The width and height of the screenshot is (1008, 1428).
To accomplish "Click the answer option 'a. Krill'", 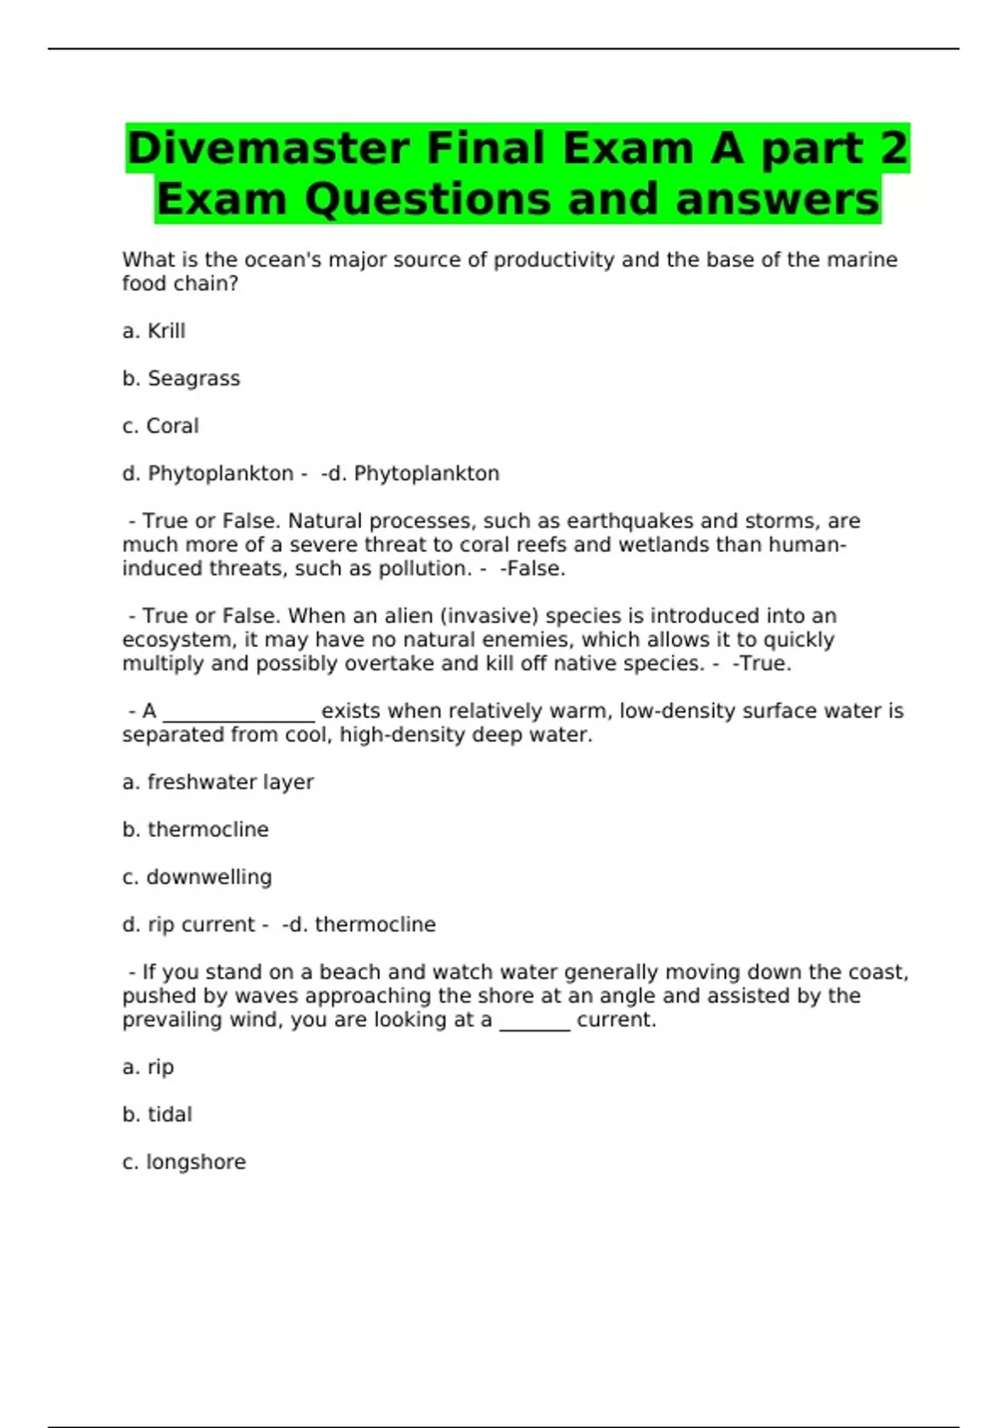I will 154,331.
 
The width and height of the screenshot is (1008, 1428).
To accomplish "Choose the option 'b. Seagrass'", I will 181,379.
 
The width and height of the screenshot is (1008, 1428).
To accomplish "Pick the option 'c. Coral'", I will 160,426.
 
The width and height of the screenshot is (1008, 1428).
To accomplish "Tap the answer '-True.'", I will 762,664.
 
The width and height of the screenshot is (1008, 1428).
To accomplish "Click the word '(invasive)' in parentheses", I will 489,616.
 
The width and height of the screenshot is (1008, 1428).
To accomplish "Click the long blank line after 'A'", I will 239,714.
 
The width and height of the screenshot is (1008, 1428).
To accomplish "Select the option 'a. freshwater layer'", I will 218,782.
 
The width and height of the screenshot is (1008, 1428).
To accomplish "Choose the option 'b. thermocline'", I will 195,830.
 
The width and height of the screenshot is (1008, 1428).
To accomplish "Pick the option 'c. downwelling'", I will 197,877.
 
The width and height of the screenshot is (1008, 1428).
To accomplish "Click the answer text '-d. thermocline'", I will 359,925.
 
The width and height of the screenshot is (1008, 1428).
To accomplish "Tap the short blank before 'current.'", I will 534,1023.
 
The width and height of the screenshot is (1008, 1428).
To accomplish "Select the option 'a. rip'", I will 148,1067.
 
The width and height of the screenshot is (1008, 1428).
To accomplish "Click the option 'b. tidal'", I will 157,1115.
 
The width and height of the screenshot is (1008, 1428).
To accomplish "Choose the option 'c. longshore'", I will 184,1162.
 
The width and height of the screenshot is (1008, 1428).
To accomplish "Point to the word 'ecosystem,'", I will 178,640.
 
